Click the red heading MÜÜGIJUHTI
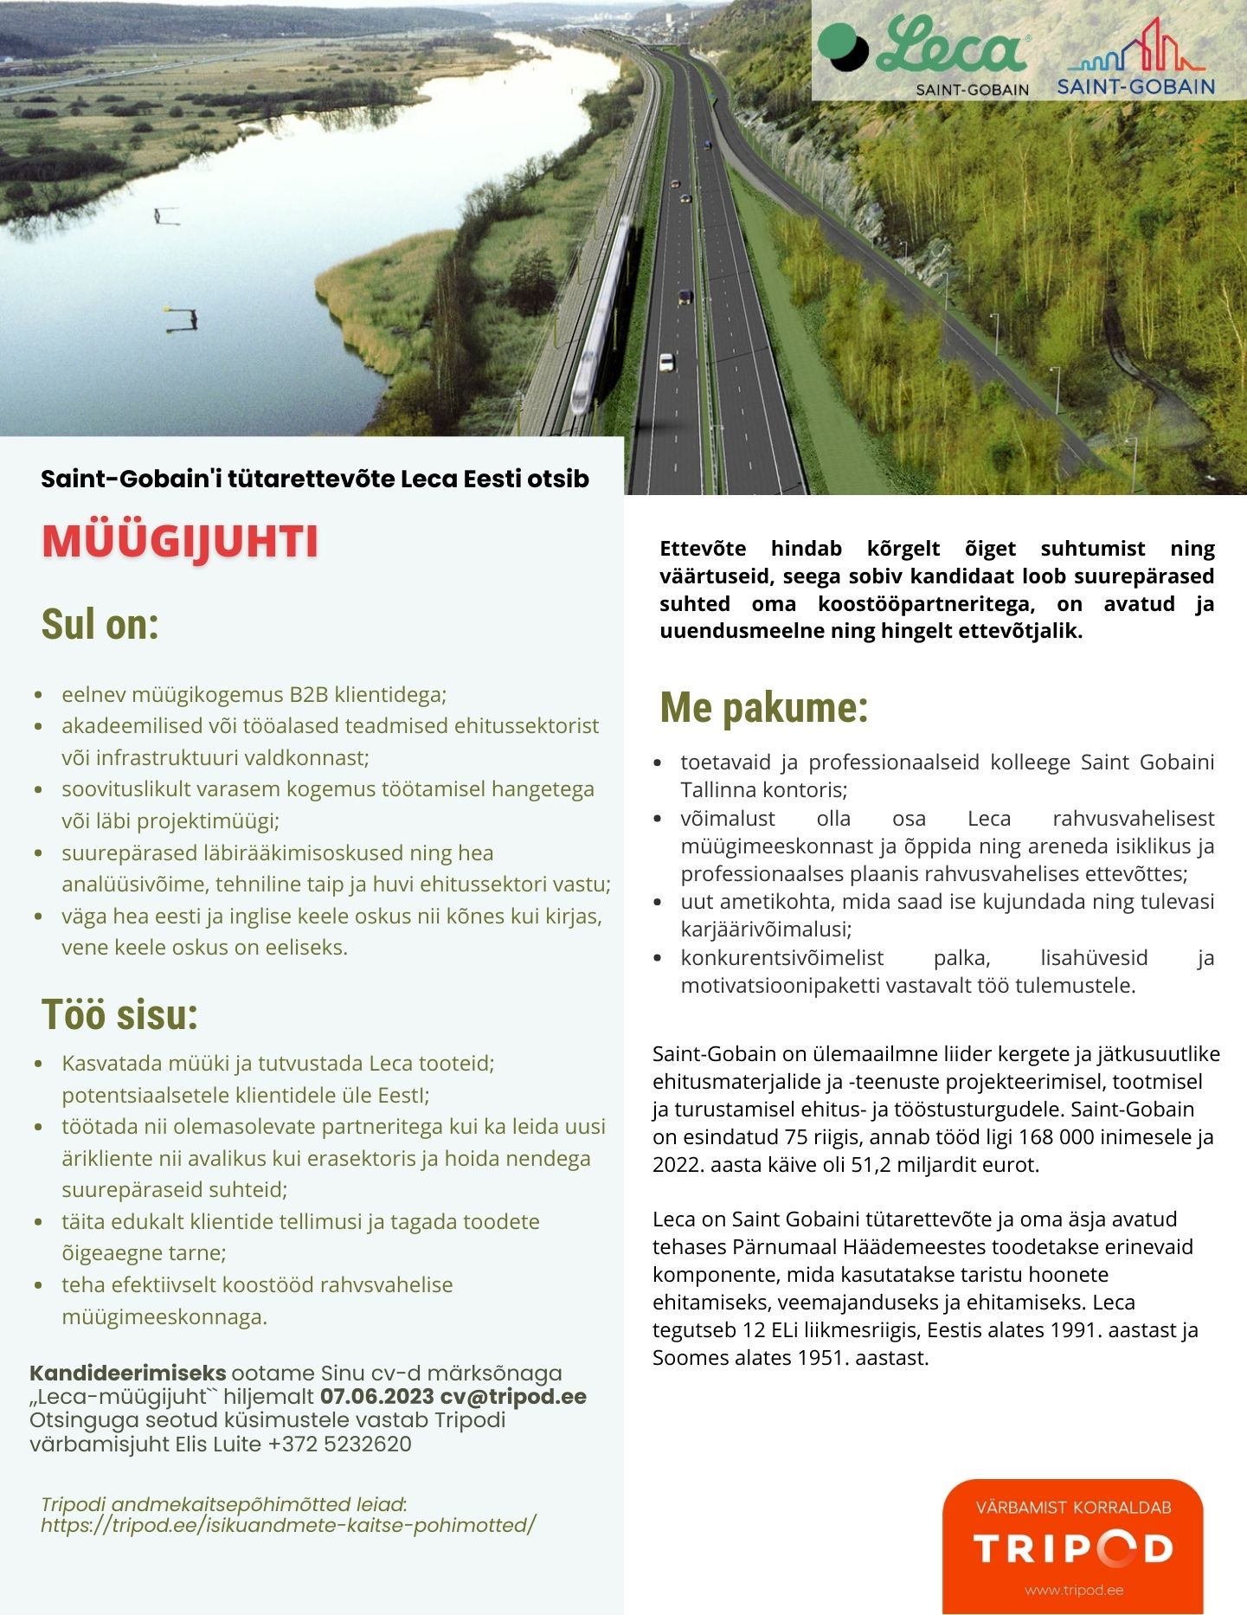(x=180, y=542)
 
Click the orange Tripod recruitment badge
(x=1072, y=1546)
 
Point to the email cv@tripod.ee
(x=513, y=1396)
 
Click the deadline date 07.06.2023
(x=376, y=1396)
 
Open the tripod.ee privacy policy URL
(x=288, y=1524)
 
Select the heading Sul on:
(x=100, y=624)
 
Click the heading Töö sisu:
(x=119, y=1014)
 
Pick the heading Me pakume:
(x=763, y=707)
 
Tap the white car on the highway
(x=666, y=362)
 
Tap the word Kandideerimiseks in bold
(x=128, y=1373)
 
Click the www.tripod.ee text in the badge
(x=1074, y=1590)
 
